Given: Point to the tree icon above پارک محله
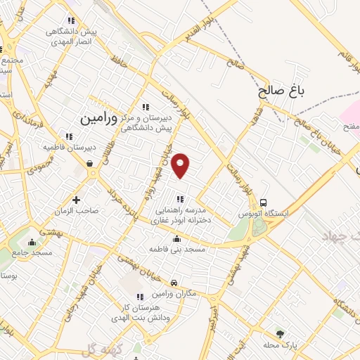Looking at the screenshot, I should (x=281, y=334).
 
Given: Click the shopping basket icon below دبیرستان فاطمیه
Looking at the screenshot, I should (x=91, y=164).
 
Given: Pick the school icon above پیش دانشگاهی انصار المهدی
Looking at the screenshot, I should (x=70, y=22).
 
